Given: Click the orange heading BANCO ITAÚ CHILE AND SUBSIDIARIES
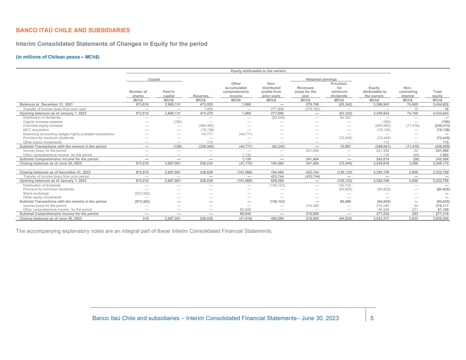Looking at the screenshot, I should point(73,31).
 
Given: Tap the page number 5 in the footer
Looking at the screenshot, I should point(372,318).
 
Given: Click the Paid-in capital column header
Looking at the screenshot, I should point(169,94).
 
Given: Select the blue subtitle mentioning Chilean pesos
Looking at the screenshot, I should point(58,56).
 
